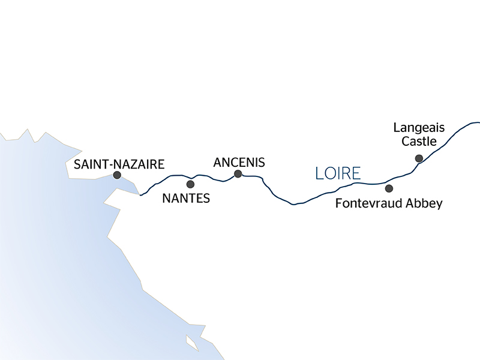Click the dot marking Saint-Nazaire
point(117,175)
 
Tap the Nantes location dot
point(191,184)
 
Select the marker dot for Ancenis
point(238,174)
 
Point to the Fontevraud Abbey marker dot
point(389,188)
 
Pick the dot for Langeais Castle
point(419,158)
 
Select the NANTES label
point(187,198)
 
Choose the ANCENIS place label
point(239,161)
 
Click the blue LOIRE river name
point(338,174)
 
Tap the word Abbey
point(426,204)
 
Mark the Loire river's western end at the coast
point(140,195)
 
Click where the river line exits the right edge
point(478,122)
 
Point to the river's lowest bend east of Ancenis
point(293,205)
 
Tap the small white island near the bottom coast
point(192,343)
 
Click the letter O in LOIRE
point(328,174)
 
